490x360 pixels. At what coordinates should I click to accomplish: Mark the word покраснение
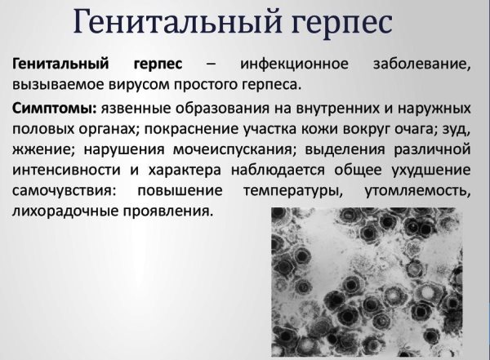pyautogui.click(x=185, y=128)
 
